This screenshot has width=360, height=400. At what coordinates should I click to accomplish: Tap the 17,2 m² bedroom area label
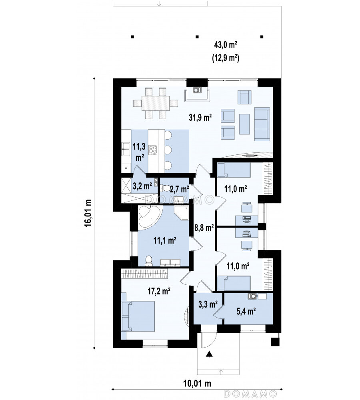(x=159, y=291)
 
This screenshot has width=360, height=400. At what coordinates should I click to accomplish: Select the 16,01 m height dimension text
(x=88, y=213)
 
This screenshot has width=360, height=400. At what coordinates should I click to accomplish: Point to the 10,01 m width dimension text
(x=197, y=383)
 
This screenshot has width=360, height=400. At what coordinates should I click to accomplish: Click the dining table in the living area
(x=156, y=103)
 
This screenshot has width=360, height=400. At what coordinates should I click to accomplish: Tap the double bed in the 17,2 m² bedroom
(x=138, y=316)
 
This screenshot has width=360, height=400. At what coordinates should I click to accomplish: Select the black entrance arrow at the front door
(x=209, y=354)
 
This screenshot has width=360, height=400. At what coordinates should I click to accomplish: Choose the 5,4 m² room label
(x=246, y=311)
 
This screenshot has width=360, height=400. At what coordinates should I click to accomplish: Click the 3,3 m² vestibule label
(x=208, y=304)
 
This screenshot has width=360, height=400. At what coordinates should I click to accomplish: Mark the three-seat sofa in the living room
(x=262, y=124)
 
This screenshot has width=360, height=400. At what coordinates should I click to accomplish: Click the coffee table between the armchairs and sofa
(x=244, y=124)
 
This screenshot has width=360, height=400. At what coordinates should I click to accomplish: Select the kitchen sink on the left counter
(x=126, y=149)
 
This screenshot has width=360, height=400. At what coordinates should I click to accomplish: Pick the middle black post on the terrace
(x=197, y=37)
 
